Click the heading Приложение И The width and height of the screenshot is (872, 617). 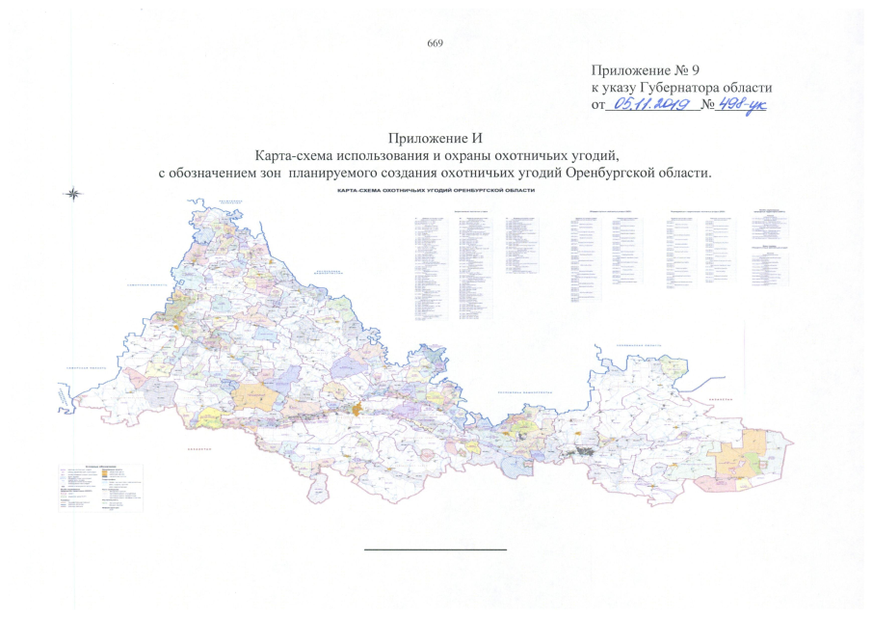tap(435, 142)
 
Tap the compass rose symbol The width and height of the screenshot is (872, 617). tap(73, 193)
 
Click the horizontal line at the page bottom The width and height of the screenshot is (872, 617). tap(435, 550)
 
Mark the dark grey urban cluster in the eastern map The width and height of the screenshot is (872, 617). tap(584, 450)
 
